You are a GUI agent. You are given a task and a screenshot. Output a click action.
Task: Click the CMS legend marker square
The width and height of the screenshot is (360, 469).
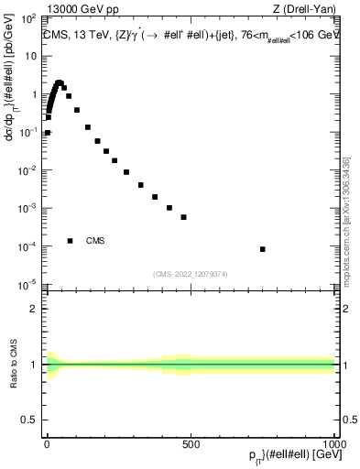[x=70, y=241]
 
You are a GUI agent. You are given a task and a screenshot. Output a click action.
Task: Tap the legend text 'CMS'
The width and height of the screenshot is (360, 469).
[x=95, y=241]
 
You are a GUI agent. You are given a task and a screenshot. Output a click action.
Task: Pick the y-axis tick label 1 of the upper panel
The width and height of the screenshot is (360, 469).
[x=34, y=94]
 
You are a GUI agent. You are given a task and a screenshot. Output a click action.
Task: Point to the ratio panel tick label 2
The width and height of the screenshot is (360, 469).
[x=36, y=309]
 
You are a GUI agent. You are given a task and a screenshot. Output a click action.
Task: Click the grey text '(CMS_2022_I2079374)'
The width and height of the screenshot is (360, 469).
[x=190, y=272]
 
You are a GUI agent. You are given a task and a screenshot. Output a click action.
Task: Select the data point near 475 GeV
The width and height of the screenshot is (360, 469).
[x=184, y=217]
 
